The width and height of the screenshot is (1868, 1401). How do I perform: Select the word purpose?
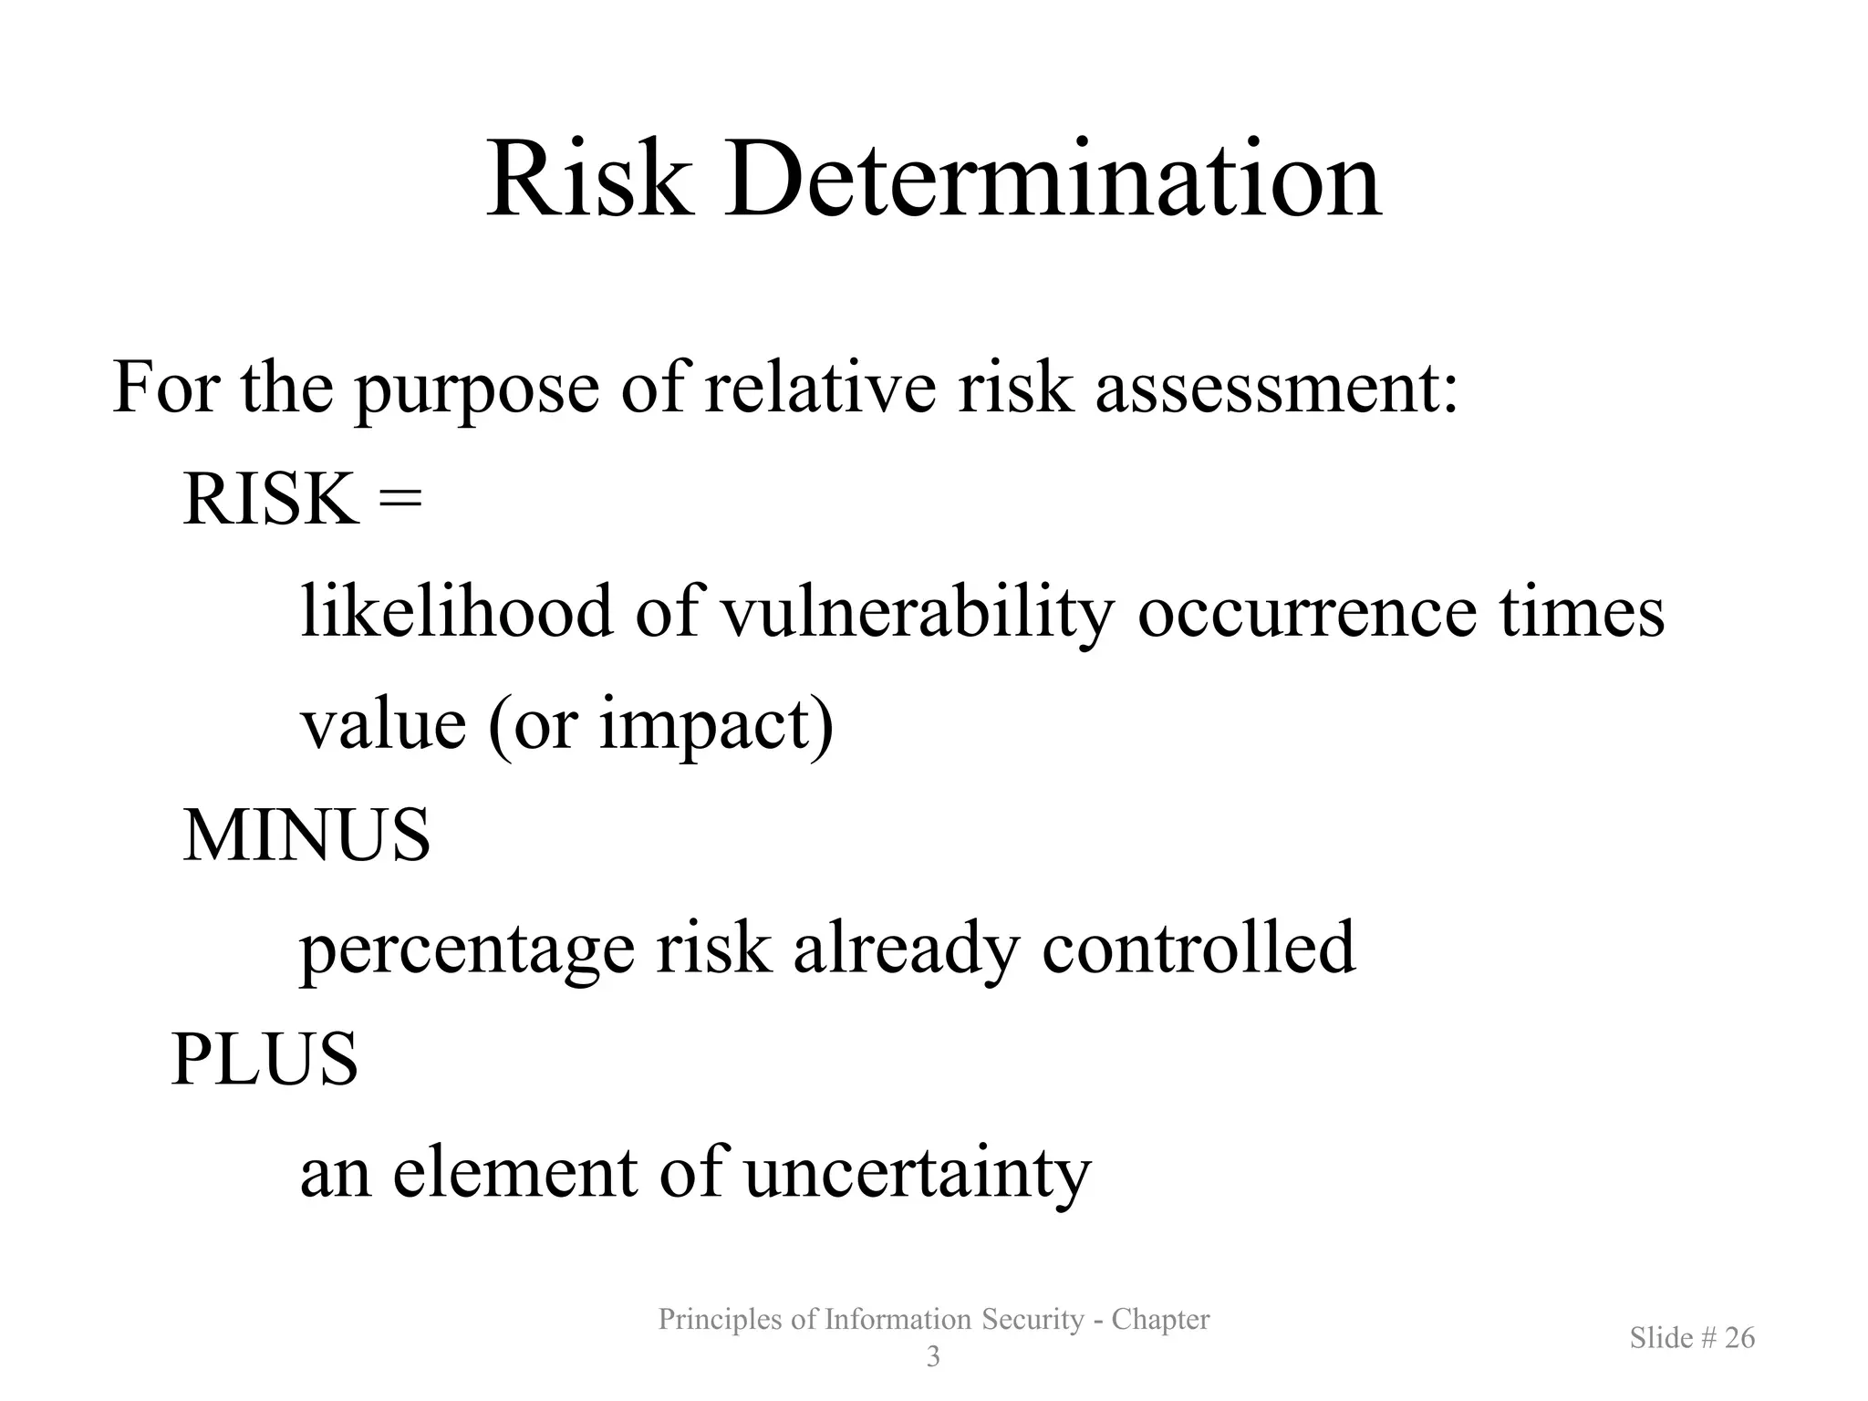click(476, 390)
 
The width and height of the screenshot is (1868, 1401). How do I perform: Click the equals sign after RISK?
click(401, 501)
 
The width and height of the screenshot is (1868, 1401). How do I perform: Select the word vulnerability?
click(917, 613)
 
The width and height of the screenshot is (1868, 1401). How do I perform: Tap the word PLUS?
click(265, 1059)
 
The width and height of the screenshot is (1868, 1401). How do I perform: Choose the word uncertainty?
click(918, 1173)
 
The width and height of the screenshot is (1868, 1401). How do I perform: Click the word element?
click(514, 1171)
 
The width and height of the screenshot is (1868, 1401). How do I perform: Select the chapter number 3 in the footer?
click(933, 1357)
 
